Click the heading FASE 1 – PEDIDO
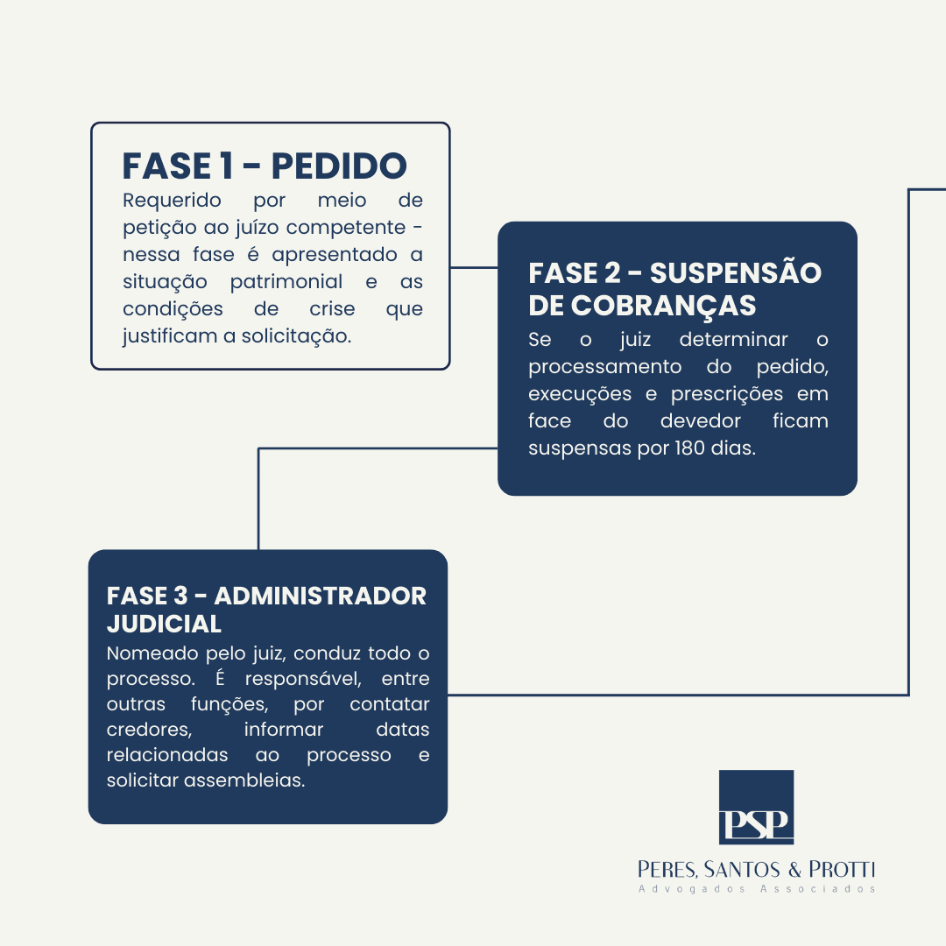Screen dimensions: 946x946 point(265,166)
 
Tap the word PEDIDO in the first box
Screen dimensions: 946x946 point(339,166)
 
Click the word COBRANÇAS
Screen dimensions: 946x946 point(664,306)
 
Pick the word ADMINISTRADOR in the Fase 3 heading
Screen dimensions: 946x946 point(321,597)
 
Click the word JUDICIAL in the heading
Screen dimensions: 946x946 point(164,624)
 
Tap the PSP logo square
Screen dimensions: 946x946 point(756,808)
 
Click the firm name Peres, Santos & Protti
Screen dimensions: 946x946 point(757,870)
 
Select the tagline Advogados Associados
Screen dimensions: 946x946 point(757,889)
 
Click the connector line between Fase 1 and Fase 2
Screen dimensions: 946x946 point(474,267)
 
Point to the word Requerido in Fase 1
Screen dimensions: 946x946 point(172,201)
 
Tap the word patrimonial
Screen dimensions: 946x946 point(286,282)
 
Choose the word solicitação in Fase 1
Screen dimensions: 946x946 point(296,336)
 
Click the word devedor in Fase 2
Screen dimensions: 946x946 point(701,420)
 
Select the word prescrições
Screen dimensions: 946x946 point(727,394)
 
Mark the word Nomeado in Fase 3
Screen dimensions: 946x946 point(153,653)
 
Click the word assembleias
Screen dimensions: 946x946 point(244,780)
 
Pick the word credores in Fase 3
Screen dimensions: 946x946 point(149,730)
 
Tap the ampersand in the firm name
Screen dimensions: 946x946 point(794,870)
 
